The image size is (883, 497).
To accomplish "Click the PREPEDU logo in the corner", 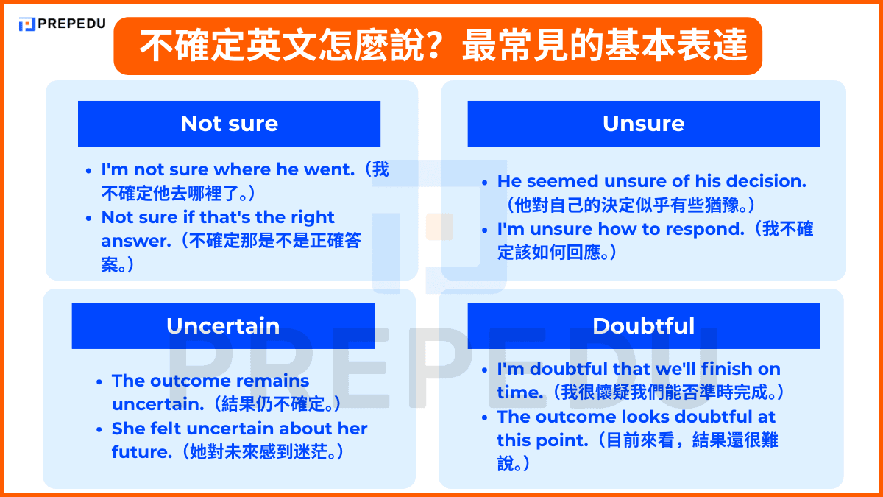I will (62, 24).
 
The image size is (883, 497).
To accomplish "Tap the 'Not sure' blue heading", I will (229, 123).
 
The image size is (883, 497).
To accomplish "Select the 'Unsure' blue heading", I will (643, 123).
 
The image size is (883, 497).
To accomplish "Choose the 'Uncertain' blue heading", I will (222, 325).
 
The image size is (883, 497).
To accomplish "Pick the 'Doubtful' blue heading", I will (643, 325).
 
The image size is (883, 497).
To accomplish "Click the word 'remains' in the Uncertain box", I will (272, 381).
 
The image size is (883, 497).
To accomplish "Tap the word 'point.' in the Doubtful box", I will (564, 440).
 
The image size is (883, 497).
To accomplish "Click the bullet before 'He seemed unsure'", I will (485, 181).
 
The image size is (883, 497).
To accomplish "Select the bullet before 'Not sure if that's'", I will (89, 217).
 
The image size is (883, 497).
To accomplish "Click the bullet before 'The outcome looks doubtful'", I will (485, 417).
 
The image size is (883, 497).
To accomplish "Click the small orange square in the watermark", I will (439, 226).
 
